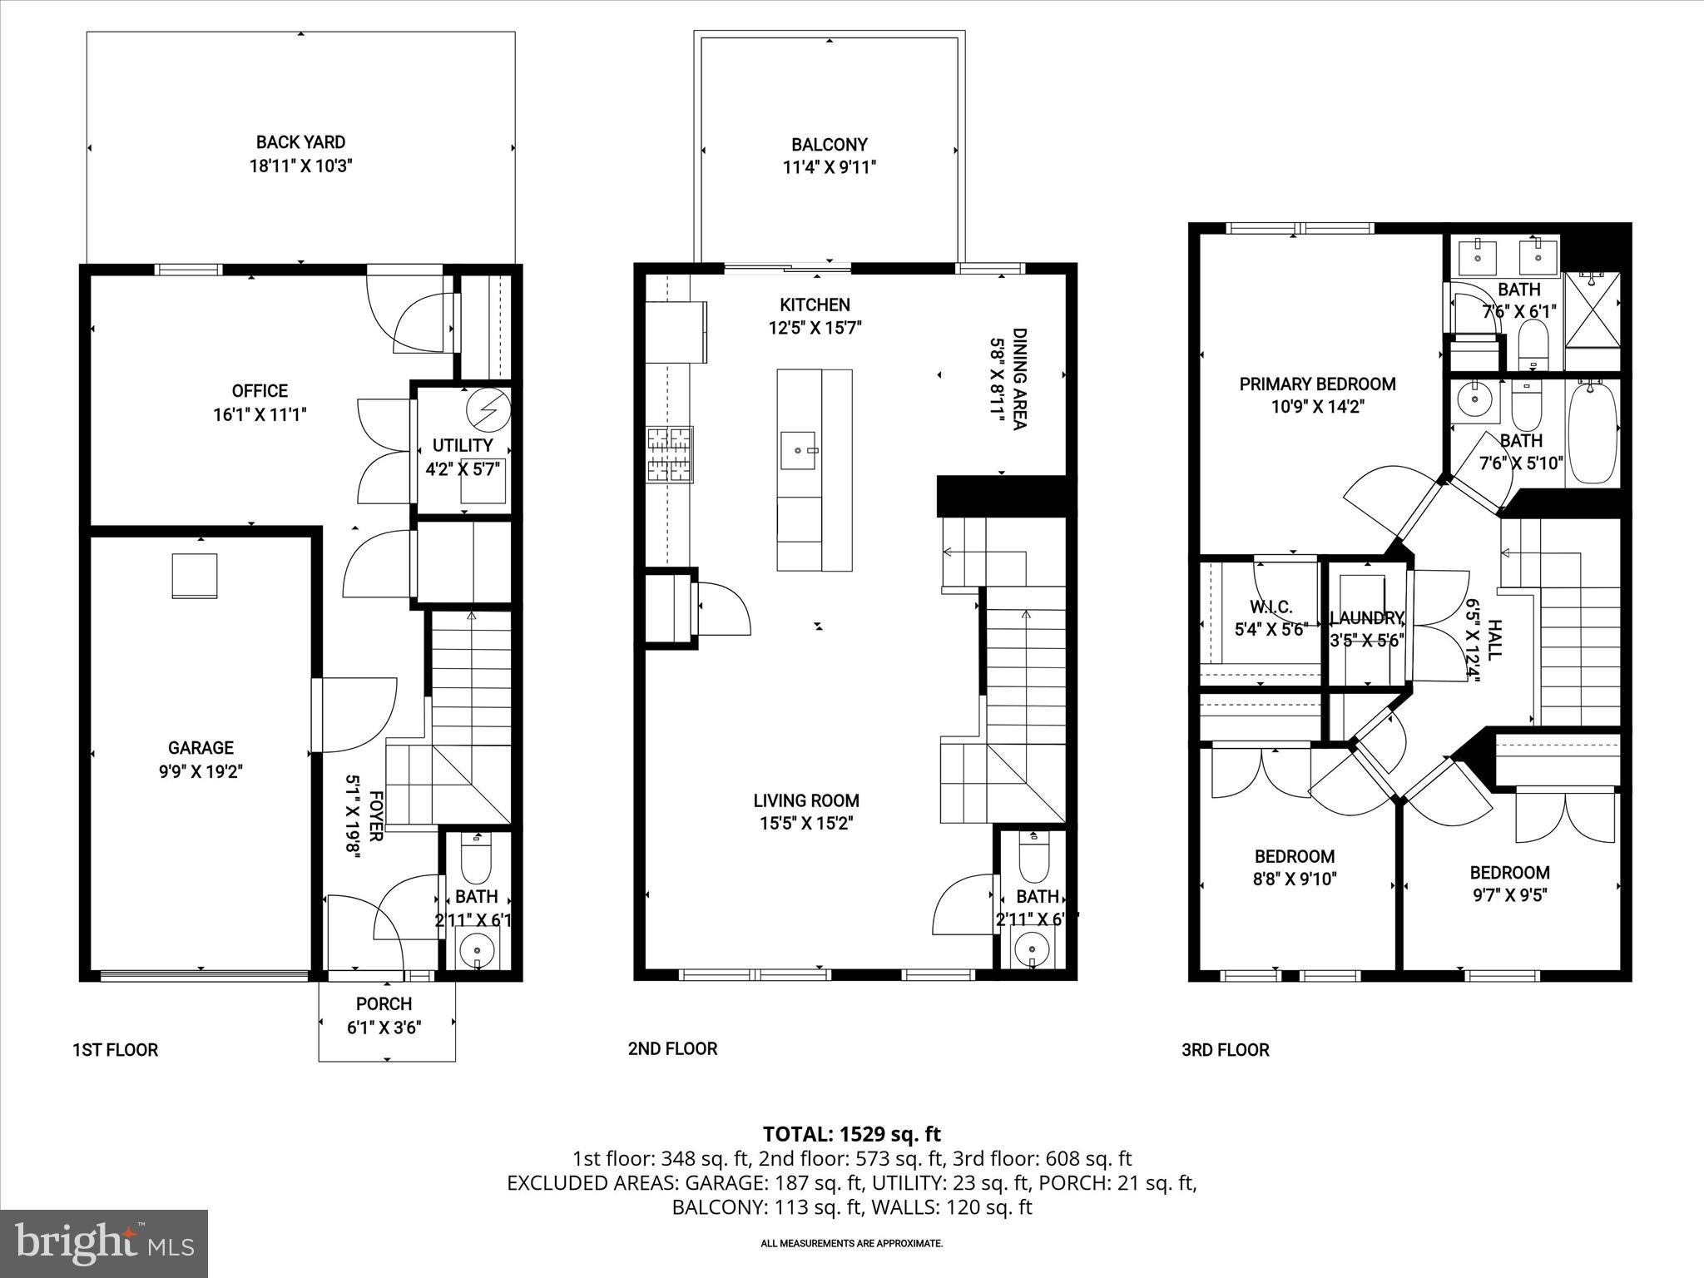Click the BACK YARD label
click(x=300, y=142)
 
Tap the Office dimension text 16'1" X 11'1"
click(x=260, y=414)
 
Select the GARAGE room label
click(x=201, y=748)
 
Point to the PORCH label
click(x=384, y=1004)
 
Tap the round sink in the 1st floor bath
click(x=477, y=948)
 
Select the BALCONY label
click(x=829, y=144)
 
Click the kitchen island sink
click(x=799, y=451)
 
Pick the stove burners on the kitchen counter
click(x=670, y=454)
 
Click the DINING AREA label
click(x=1019, y=379)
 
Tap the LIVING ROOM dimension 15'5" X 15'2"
click(x=805, y=824)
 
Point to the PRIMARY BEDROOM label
click(x=1317, y=384)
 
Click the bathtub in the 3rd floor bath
click(x=1593, y=431)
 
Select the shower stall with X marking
click(x=1593, y=320)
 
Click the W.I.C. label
click(x=1271, y=607)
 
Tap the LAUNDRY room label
click(x=1366, y=618)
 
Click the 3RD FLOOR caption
click(x=1225, y=1050)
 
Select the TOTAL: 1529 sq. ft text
click(x=851, y=1133)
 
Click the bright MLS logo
click(x=104, y=1243)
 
